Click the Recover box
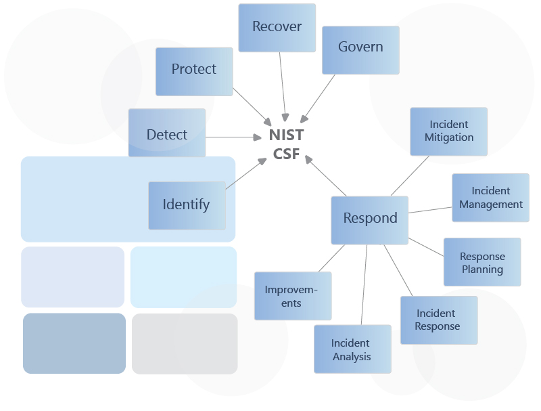point(277,28)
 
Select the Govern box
point(360,49)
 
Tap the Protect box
point(194,71)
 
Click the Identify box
point(187,205)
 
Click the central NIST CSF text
point(286,144)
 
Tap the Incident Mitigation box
point(449,131)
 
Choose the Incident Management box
point(490,198)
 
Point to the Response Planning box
point(482,262)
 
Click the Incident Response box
point(438,320)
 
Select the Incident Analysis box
point(352,349)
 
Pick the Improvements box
point(292,296)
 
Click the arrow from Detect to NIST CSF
point(233,137)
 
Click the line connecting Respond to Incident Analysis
point(364,284)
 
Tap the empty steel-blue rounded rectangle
point(74,343)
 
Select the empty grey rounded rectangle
point(185,343)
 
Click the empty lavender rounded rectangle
point(72,277)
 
